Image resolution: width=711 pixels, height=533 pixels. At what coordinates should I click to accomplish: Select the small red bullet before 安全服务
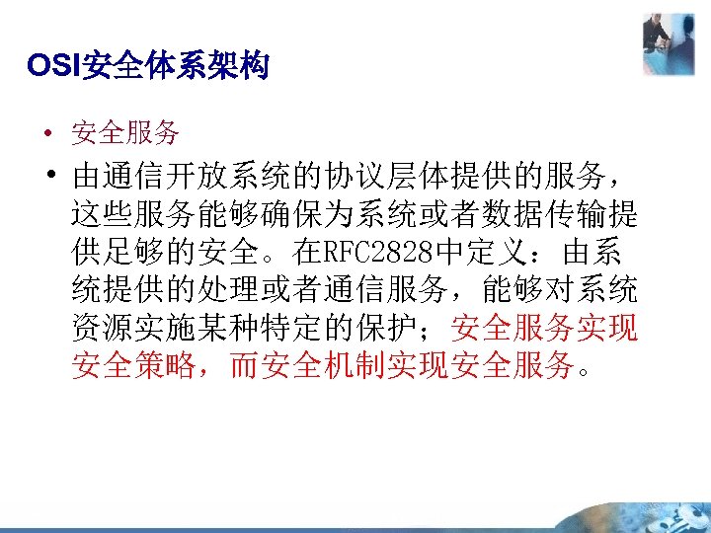click(x=46, y=133)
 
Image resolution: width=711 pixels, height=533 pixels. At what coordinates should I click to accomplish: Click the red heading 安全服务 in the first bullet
click(x=125, y=131)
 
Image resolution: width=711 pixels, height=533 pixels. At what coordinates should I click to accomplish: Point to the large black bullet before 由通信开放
click(x=47, y=177)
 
